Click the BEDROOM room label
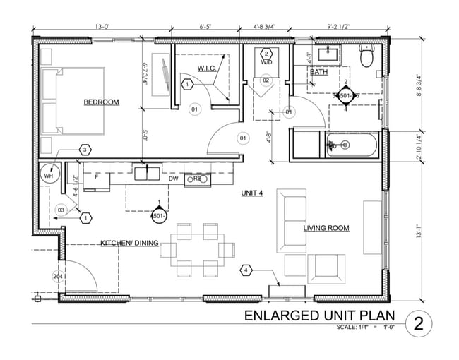click(x=101, y=102)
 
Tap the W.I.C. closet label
click(x=206, y=68)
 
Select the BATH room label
click(x=318, y=72)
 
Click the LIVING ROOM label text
click(x=326, y=228)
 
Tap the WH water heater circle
click(x=49, y=176)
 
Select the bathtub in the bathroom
click(x=352, y=145)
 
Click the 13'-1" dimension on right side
click(x=419, y=231)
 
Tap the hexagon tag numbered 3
click(x=84, y=150)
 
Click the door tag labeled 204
click(x=57, y=277)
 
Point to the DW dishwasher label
click(x=174, y=179)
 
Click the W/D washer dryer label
click(x=266, y=62)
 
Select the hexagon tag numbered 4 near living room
click(x=246, y=270)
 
